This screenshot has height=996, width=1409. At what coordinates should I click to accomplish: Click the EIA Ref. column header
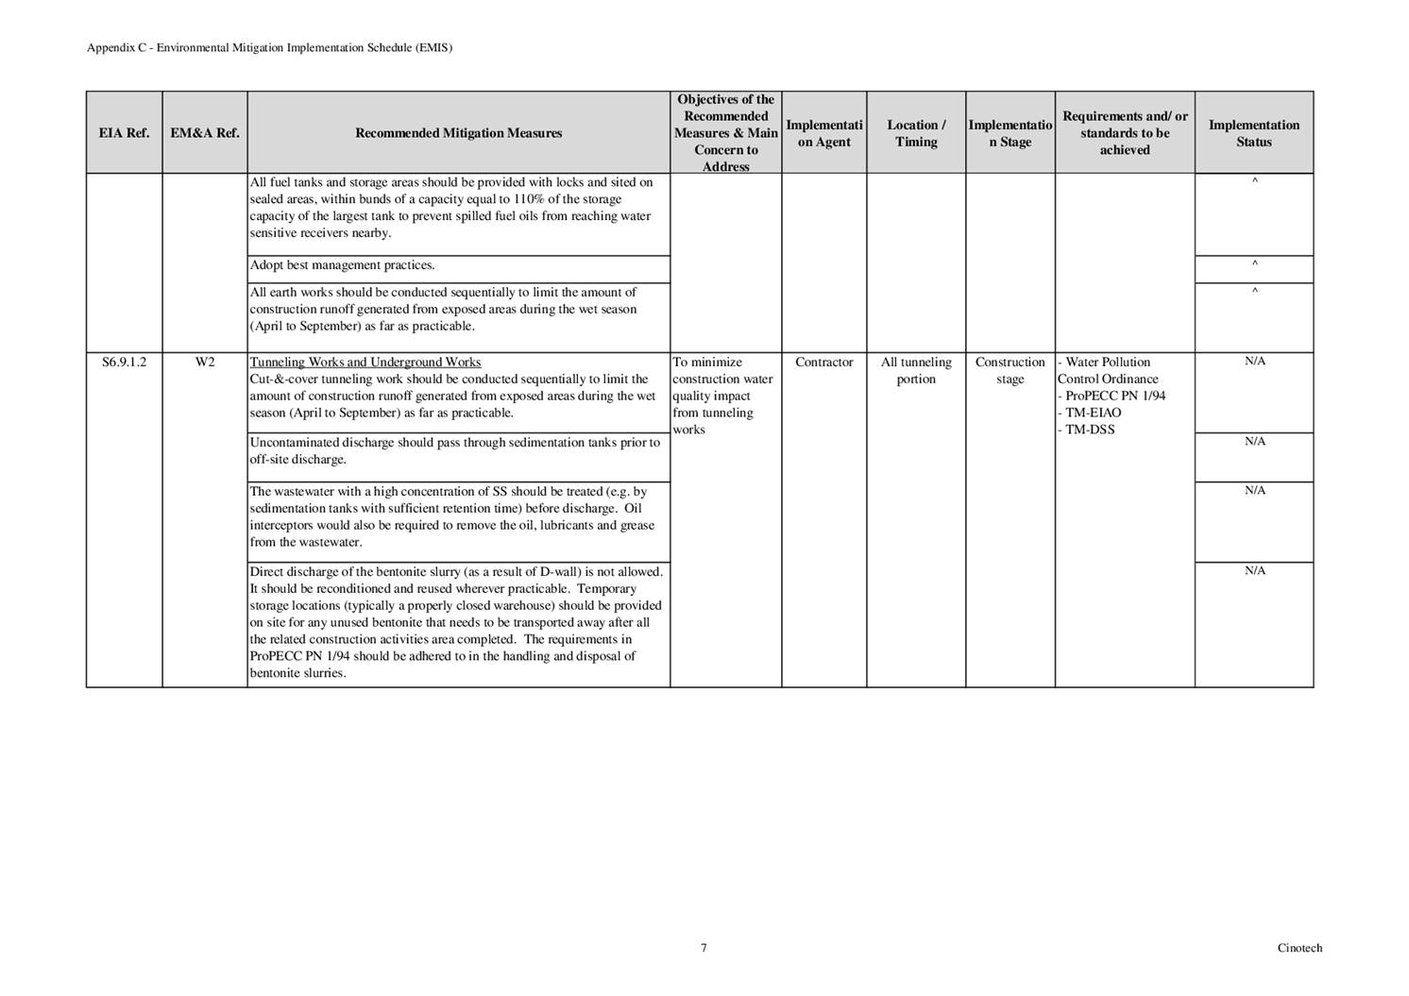[124, 133]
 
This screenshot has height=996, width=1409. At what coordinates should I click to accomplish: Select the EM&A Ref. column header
[205, 133]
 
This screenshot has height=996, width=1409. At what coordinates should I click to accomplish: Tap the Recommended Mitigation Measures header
[458, 133]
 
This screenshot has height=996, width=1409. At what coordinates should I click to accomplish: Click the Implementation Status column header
[1253, 133]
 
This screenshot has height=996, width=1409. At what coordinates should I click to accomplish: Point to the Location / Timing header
[916, 133]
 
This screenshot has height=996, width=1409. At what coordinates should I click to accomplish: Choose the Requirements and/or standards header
[1124, 133]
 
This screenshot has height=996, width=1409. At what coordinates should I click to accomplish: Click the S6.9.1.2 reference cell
[124, 363]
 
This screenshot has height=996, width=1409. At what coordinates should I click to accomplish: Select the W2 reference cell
[205, 363]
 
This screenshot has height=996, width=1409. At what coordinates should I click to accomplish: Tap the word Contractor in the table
[823, 363]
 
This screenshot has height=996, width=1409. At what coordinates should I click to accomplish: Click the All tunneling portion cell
[916, 371]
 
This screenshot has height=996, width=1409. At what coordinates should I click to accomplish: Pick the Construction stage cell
[1010, 371]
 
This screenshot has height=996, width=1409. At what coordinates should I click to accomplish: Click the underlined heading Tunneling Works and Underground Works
[365, 363]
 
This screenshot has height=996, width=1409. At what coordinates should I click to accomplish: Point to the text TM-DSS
[1090, 430]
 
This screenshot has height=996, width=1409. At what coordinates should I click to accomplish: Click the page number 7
[704, 948]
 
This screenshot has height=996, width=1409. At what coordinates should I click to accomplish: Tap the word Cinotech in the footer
[1299, 948]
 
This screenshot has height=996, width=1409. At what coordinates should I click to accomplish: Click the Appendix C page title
[269, 48]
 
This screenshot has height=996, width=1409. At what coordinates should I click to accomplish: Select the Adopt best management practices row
[343, 265]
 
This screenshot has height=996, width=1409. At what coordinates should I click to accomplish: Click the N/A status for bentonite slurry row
[1254, 571]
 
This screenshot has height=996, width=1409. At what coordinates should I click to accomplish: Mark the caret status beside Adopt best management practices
[1254, 264]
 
